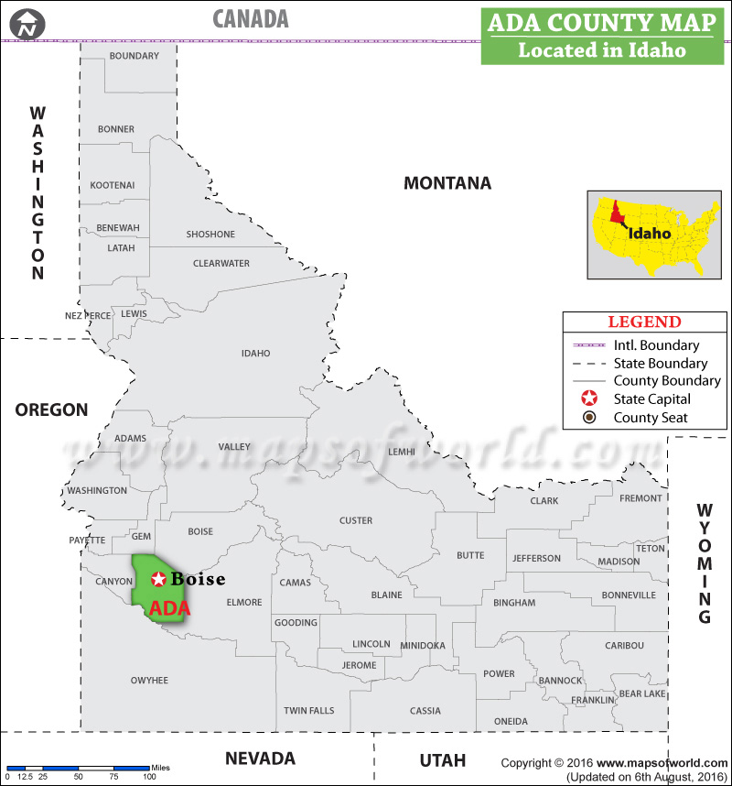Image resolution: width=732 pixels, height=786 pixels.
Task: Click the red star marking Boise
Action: tap(158, 579)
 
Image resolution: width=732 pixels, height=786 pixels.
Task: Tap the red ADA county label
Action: tap(169, 608)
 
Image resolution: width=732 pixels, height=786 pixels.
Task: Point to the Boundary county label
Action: tap(134, 56)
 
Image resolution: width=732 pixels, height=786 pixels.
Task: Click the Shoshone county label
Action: tap(210, 235)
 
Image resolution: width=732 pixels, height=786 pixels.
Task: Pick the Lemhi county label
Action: tap(401, 452)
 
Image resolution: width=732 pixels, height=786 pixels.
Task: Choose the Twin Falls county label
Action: tap(308, 711)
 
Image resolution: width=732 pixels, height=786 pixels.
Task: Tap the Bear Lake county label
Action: tap(642, 694)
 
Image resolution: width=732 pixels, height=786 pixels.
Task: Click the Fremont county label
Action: tap(640, 498)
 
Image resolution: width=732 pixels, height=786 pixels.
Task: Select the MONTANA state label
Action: tap(447, 183)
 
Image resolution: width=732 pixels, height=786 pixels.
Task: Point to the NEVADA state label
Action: tap(260, 759)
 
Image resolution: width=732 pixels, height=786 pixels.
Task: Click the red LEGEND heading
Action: tap(644, 322)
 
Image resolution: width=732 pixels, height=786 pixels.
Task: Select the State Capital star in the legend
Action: tap(589, 399)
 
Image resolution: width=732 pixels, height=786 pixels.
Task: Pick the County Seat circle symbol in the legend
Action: tap(589, 418)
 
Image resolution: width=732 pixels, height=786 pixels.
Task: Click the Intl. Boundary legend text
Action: tap(656, 345)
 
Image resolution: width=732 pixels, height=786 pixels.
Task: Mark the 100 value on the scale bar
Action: tap(148, 777)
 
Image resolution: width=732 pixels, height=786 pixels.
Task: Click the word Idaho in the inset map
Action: tap(650, 233)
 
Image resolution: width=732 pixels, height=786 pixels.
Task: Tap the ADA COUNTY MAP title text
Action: tap(601, 23)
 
